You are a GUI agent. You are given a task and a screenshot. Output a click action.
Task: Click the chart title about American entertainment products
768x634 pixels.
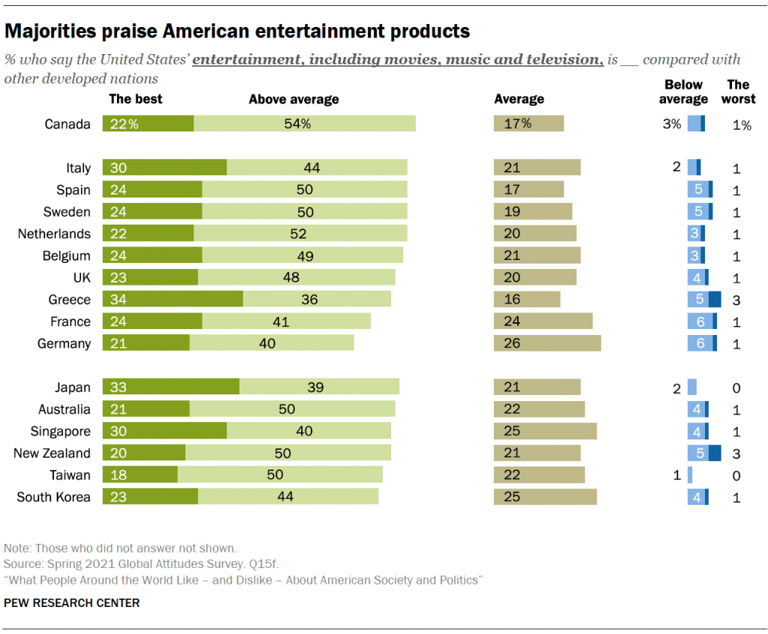[237, 32]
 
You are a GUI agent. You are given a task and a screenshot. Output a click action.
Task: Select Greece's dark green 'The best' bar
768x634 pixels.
[173, 300]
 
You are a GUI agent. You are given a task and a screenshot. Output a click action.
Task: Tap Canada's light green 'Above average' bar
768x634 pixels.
[305, 124]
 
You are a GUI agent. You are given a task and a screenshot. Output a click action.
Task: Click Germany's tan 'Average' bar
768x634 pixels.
[547, 343]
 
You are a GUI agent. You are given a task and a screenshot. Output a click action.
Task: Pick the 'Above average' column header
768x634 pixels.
[294, 99]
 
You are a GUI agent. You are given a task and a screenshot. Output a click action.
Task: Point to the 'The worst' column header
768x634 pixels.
[738, 92]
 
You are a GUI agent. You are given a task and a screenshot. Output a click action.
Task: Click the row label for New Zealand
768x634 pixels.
[52, 453]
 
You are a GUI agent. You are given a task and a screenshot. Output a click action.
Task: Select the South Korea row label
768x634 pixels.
[53, 497]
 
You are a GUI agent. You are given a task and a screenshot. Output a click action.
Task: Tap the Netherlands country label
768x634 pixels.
[54, 234]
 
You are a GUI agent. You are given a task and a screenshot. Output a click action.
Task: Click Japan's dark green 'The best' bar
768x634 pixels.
[170, 388]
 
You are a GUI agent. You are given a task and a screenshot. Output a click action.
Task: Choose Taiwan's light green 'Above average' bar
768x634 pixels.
[280, 475]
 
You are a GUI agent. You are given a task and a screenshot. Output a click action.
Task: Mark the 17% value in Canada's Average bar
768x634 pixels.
[518, 124]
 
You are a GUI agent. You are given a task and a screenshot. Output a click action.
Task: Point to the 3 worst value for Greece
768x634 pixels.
[736, 300]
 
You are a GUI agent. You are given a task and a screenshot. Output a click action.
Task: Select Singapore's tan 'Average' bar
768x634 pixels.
[545, 431]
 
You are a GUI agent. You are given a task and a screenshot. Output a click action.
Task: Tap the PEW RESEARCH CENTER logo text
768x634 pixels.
[72, 602]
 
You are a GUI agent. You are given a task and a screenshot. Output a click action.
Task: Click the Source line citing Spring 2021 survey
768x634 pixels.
[141, 563]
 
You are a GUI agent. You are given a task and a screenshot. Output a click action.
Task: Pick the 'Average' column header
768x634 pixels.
[519, 99]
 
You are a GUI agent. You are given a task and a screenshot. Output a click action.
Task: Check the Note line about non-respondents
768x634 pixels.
[120, 548]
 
